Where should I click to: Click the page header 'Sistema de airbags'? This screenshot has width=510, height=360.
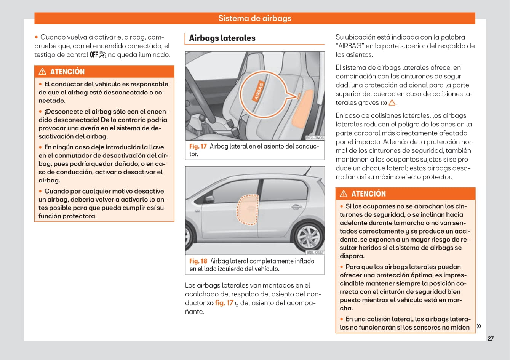255,18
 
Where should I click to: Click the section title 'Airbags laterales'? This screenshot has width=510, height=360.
222,38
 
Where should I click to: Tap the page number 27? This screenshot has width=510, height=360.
491,339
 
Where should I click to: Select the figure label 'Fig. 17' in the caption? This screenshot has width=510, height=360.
198,146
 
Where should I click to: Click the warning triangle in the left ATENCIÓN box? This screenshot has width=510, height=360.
43,72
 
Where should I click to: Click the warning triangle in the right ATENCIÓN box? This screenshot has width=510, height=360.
344,194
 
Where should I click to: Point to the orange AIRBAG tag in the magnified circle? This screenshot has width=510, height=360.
259,91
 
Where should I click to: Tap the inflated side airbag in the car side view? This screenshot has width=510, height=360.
247,210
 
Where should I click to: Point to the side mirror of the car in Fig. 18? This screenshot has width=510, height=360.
209,199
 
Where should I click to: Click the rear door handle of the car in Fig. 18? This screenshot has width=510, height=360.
296,207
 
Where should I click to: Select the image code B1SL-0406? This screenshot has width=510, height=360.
315,138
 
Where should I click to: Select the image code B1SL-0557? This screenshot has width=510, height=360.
315,253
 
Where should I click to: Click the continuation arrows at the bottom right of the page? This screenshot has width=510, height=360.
479,326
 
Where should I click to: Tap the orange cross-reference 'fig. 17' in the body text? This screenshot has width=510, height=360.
224,303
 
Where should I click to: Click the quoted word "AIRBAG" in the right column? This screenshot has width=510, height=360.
350,46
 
